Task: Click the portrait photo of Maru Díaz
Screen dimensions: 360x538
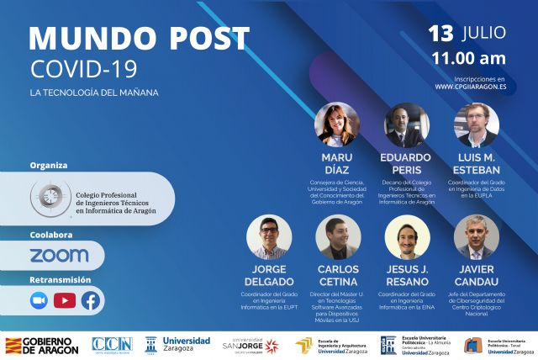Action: click(x=336, y=124)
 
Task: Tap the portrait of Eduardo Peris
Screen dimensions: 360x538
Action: click(x=407, y=125)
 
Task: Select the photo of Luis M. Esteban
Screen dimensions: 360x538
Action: click(x=477, y=125)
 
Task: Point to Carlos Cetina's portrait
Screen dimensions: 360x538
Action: click(x=337, y=237)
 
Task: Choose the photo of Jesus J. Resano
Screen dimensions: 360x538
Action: click(x=407, y=237)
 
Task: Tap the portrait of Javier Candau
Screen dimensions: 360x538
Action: click(x=477, y=237)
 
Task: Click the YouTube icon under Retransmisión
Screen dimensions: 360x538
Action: click(x=65, y=300)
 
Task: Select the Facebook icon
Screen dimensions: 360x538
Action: click(x=90, y=300)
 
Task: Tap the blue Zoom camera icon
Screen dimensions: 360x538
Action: click(x=39, y=300)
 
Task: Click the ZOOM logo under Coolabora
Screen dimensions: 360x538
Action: click(x=59, y=255)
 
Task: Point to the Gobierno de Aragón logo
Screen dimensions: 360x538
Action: click(x=42, y=345)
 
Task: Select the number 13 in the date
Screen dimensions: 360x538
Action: click(x=442, y=34)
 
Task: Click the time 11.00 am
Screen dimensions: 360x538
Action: click(x=468, y=59)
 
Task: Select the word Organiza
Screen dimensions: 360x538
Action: click(x=48, y=165)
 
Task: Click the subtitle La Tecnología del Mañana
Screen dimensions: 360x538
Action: click(x=93, y=92)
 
